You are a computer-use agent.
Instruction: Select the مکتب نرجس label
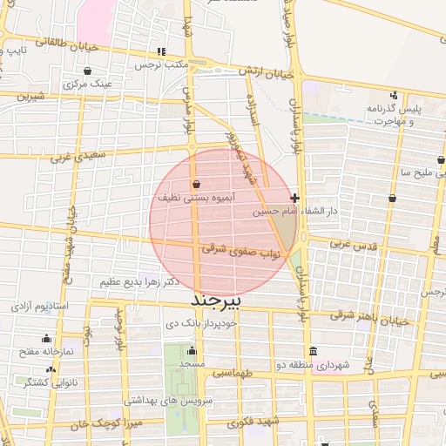[x=162, y=65]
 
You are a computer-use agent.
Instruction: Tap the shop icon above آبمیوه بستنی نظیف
[x=195, y=185]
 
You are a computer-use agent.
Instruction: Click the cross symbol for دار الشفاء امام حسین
[x=296, y=199]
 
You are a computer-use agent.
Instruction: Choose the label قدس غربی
[x=353, y=246]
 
